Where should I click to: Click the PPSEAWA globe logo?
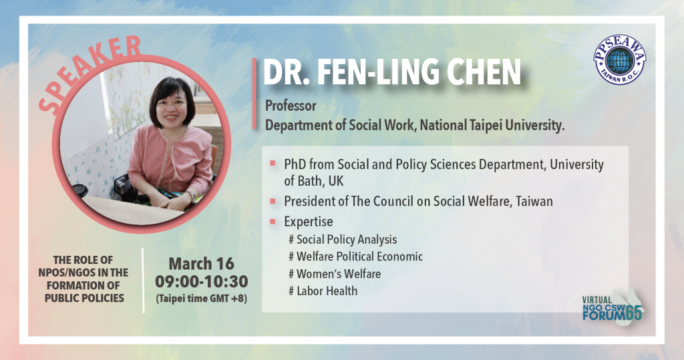coord(619,59)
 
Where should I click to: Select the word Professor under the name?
coord(291,106)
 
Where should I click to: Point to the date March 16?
coord(202,264)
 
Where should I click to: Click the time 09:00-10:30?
coord(202,281)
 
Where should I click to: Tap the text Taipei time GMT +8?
coord(202,299)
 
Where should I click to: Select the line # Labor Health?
coord(323,291)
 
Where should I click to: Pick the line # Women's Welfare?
coord(335,274)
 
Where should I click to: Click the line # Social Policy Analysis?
coord(343,240)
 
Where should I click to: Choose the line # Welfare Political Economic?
coord(355,256)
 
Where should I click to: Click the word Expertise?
coord(309,222)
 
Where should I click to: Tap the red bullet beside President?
coord(273,202)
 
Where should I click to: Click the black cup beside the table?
coord(80,192)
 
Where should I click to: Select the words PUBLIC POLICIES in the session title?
coord(84,298)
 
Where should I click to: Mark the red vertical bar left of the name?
coord(254,94)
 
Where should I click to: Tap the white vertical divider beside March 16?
coord(144,280)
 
